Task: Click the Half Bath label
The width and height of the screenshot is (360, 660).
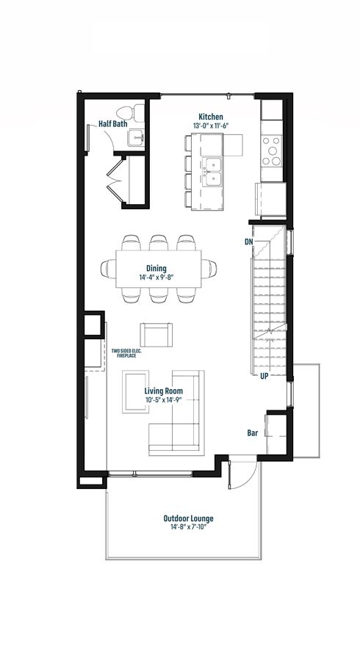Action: click(113, 124)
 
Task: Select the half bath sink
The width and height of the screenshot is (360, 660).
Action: click(137, 137)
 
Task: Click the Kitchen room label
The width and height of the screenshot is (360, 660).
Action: click(211, 117)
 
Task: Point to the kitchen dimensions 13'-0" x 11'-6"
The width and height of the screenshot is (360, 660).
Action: click(211, 126)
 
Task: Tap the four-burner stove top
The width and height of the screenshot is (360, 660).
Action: click(271, 151)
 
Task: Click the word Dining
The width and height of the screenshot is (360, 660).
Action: click(156, 269)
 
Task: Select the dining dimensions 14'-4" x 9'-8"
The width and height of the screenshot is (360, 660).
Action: click(156, 278)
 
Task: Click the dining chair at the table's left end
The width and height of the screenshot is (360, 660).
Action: click(108, 269)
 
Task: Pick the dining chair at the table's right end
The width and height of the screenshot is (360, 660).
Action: click(209, 269)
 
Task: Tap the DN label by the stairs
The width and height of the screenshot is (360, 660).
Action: click(248, 242)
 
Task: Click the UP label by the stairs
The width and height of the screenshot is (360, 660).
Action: click(264, 377)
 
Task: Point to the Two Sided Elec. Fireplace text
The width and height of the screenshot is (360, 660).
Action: click(123, 353)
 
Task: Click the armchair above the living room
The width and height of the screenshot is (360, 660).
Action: click(156, 335)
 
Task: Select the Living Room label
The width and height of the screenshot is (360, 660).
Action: click(163, 391)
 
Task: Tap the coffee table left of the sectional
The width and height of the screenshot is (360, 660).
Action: click(136, 391)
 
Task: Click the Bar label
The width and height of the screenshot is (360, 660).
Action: click(252, 433)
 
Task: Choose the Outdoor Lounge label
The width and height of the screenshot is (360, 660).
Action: click(189, 518)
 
